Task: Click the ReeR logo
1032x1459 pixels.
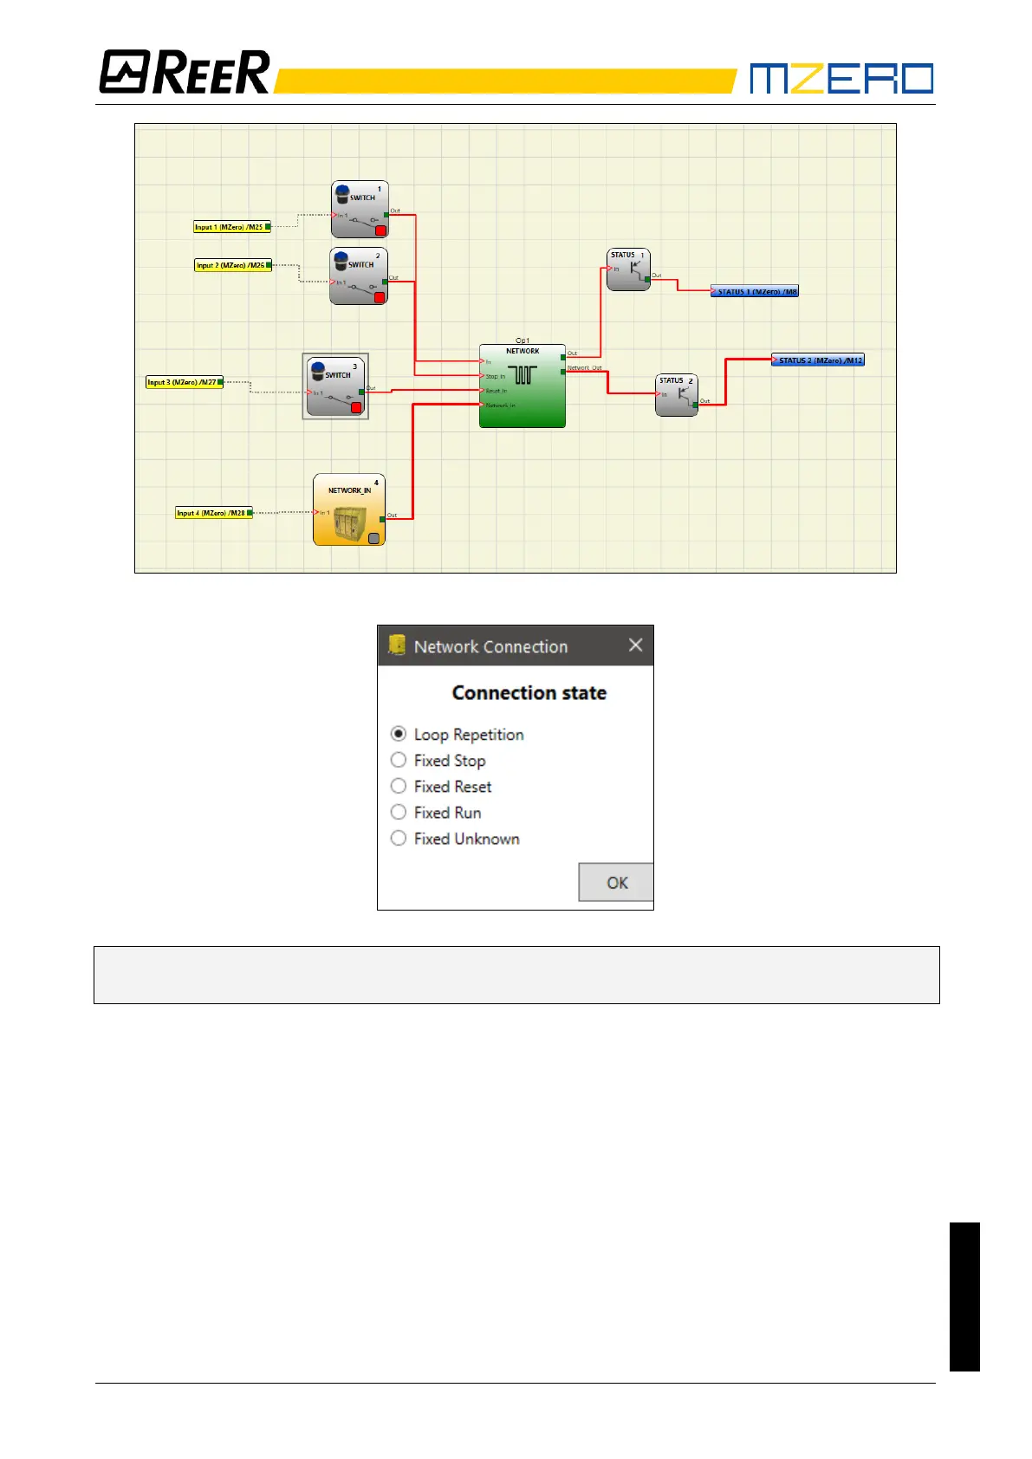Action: pyautogui.click(x=185, y=72)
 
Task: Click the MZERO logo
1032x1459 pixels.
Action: pyautogui.click(x=841, y=78)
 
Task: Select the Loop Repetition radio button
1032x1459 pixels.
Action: pyautogui.click(x=399, y=734)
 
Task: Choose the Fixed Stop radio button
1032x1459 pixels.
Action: pyautogui.click(x=399, y=760)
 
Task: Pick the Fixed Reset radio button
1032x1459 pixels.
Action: pyautogui.click(x=399, y=786)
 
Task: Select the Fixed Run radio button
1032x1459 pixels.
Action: pyautogui.click(x=399, y=812)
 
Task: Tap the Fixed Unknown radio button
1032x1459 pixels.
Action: pyautogui.click(x=399, y=838)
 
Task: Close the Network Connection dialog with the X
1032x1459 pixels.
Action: pyautogui.click(x=635, y=645)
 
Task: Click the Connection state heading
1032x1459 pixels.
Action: pyautogui.click(x=529, y=692)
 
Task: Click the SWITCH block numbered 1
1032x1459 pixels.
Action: pyautogui.click(x=360, y=209)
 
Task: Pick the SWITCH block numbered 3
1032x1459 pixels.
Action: pyautogui.click(x=335, y=386)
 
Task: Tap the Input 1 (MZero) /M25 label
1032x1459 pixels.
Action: pyautogui.click(x=230, y=227)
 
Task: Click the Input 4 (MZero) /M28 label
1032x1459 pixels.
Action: pyautogui.click(x=212, y=513)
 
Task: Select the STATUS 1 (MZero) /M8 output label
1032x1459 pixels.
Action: pyautogui.click(x=755, y=292)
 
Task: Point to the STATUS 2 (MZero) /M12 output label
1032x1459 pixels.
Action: pyautogui.click(x=818, y=360)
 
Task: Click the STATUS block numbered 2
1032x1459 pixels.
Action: pyautogui.click(x=677, y=395)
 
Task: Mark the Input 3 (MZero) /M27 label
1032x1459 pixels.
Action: pyautogui.click(x=183, y=382)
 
